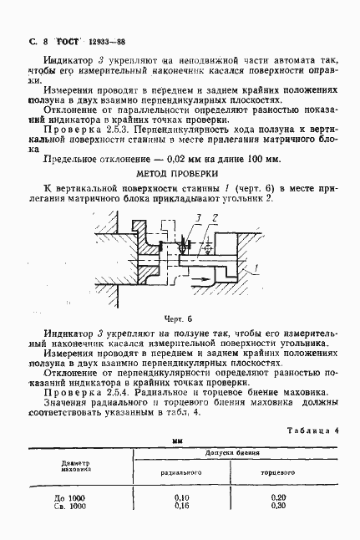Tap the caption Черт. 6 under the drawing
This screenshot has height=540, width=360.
(x=177, y=318)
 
